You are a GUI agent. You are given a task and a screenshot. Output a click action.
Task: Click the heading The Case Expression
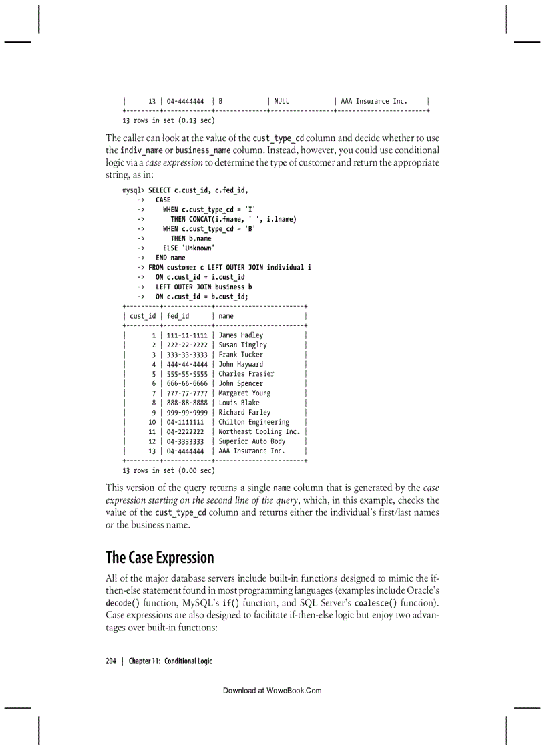point(160,557)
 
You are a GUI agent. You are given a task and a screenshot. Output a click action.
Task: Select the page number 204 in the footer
point(111,661)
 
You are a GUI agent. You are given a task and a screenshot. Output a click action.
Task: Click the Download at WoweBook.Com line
point(272,690)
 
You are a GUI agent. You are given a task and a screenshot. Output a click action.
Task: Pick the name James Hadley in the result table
point(240,335)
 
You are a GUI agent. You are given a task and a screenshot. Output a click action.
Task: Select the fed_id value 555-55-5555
point(187,374)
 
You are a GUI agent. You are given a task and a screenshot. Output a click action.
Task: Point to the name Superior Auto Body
point(252,441)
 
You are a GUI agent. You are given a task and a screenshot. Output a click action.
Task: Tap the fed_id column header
point(178,316)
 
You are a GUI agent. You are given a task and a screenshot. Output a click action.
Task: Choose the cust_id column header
point(142,316)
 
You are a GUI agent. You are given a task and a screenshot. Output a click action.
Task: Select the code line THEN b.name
point(190,238)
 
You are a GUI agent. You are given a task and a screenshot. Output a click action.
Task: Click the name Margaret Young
point(244,393)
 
